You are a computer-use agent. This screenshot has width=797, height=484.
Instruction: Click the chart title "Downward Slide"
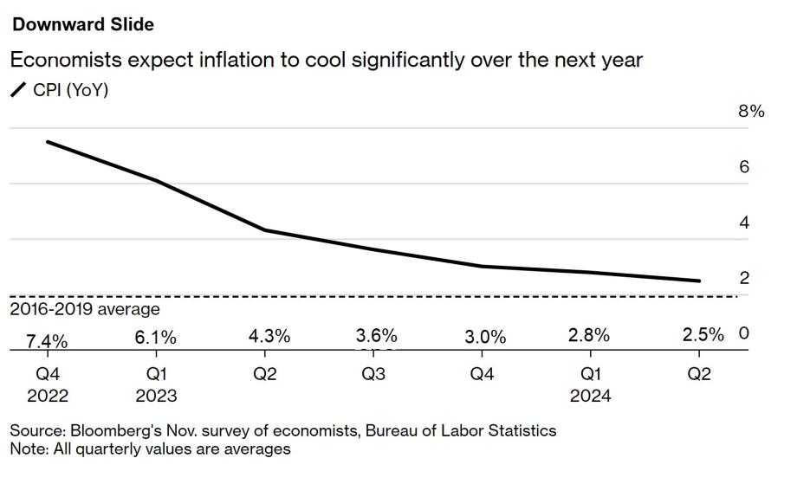tap(82, 24)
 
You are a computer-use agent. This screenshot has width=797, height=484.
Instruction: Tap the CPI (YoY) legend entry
tap(60, 89)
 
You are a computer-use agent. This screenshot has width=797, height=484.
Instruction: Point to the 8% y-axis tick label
tap(750, 112)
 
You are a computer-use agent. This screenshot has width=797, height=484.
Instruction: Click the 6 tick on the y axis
tap(743, 167)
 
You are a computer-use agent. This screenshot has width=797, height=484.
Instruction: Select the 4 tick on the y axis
tap(743, 223)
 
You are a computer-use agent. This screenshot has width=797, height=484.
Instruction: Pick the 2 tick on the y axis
tap(743, 278)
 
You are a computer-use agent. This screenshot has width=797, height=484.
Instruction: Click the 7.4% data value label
tap(47, 341)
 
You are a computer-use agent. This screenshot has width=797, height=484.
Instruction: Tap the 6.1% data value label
tap(156, 338)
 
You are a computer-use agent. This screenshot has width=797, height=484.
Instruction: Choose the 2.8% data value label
tap(592, 335)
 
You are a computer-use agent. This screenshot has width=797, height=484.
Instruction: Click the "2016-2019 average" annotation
tap(85, 309)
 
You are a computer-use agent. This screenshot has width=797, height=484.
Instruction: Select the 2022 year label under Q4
tap(47, 396)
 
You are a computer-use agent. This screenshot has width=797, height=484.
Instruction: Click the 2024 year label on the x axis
tap(592, 396)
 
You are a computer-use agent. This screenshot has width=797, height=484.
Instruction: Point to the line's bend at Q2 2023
tap(264, 230)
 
